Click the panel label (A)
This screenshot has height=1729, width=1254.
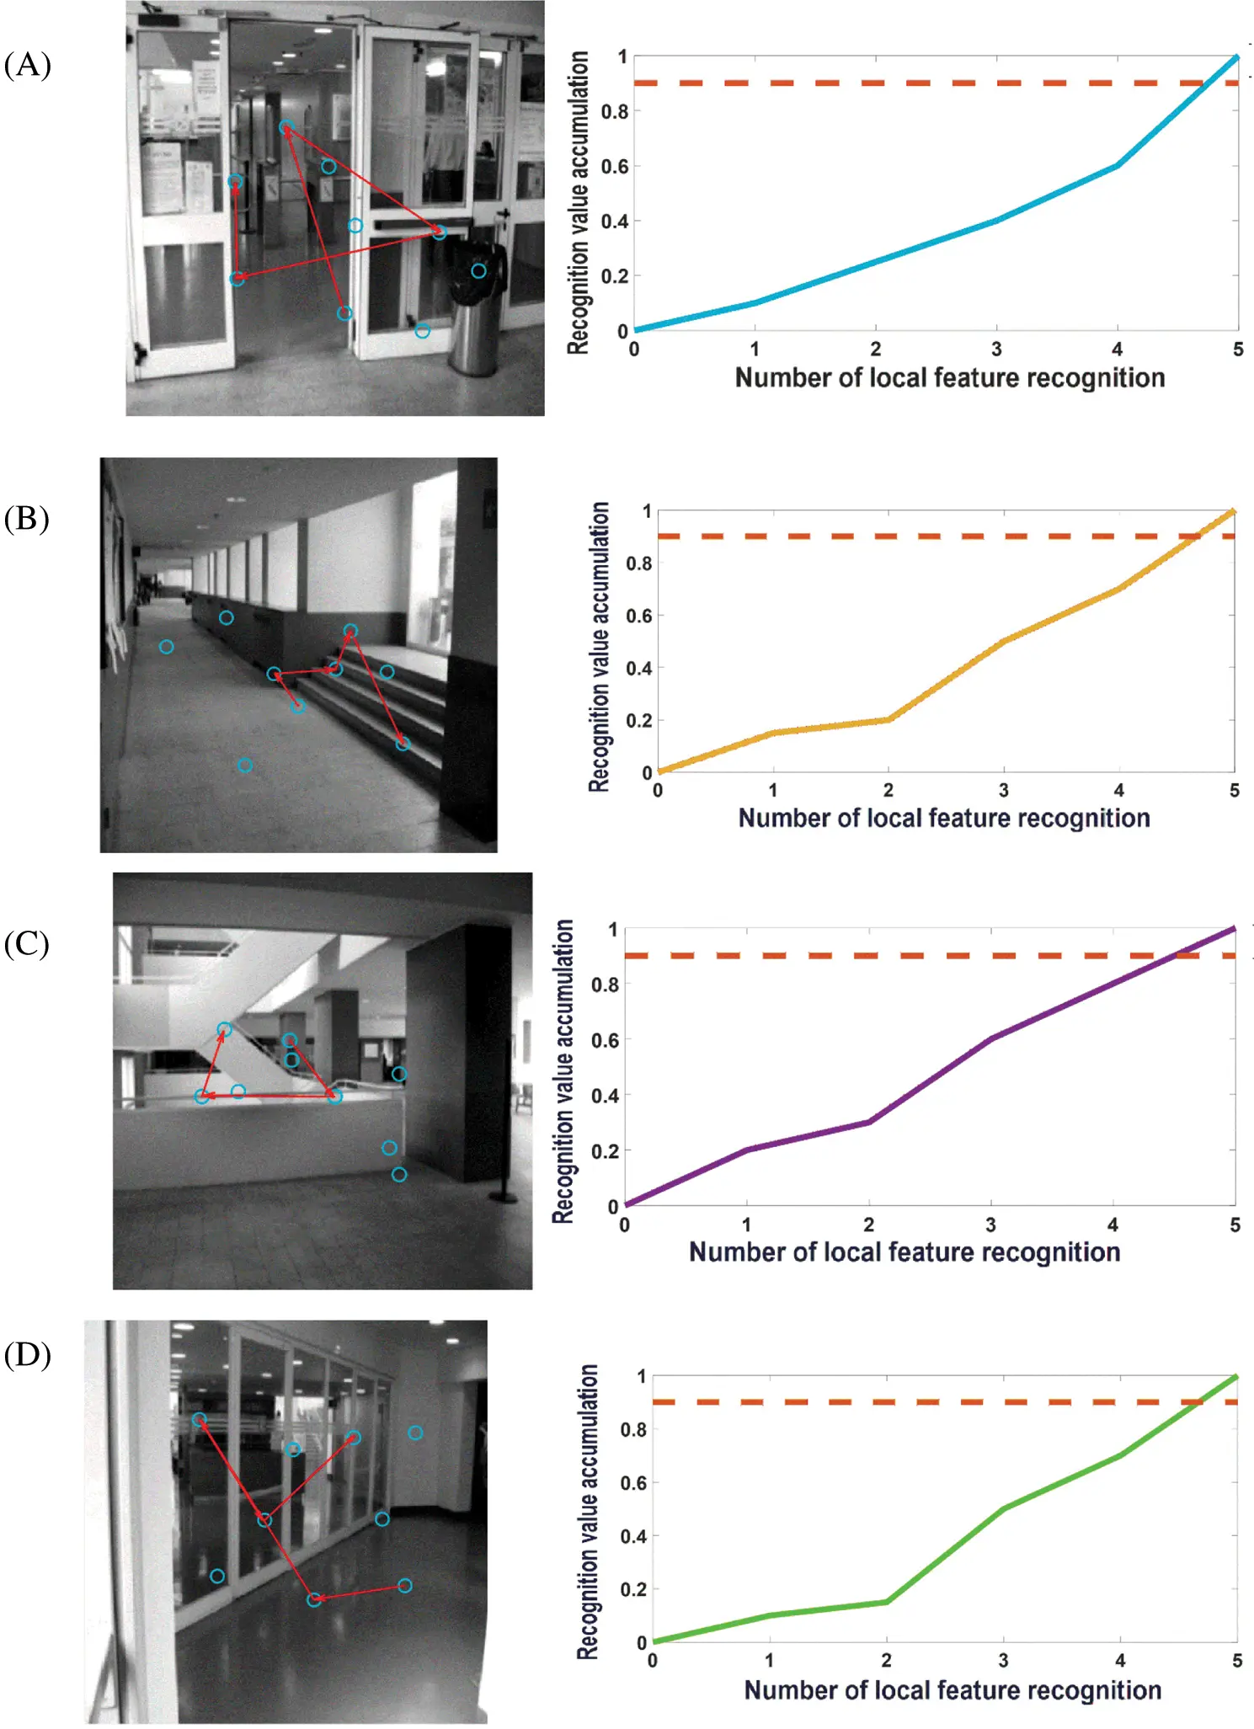click(x=28, y=65)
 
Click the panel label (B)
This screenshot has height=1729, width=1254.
click(x=27, y=519)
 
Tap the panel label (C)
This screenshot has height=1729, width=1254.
click(x=27, y=944)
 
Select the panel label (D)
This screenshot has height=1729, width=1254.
click(x=27, y=1355)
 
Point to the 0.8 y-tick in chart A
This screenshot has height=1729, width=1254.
click(x=614, y=112)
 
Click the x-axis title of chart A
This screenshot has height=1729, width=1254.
click(x=949, y=378)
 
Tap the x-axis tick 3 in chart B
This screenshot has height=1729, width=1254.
click(x=1003, y=791)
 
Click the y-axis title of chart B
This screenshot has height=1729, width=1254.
click(x=599, y=646)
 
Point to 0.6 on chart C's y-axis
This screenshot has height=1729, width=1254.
click(x=604, y=1041)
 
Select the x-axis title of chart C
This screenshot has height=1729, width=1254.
click(x=904, y=1252)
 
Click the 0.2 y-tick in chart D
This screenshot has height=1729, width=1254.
click(x=632, y=1590)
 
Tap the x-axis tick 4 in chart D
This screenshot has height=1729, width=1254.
click(x=1119, y=1661)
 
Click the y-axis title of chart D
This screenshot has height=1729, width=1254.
click(x=588, y=1513)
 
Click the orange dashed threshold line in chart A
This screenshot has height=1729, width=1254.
click(x=926, y=83)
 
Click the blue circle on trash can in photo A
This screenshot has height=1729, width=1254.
click(x=478, y=271)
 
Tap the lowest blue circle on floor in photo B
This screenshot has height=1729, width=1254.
click(x=244, y=766)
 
